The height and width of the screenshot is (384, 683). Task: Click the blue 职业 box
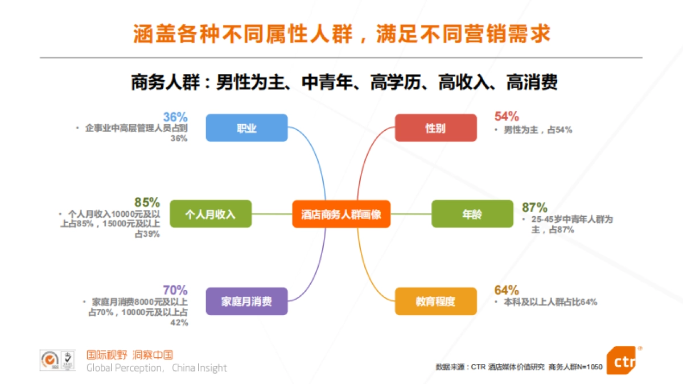tap(246, 128)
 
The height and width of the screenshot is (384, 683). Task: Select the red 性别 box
tap(435, 128)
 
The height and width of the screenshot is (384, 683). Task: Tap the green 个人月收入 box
tap(210, 214)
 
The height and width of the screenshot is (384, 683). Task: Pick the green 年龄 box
tap(472, 214)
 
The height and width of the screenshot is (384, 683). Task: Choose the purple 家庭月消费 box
tap(246, 301)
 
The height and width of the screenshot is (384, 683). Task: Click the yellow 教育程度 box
tap(435, 301)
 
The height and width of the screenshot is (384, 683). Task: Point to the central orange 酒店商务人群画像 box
tap(341, 214)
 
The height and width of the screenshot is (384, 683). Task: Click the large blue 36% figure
tap(175, 117)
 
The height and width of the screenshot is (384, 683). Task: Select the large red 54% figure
tap(507, 117)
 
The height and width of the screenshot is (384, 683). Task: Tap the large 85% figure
tap(147, 202)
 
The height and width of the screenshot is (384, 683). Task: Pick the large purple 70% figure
tap(175, 290)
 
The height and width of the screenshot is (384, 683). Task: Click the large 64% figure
tap(507, 290)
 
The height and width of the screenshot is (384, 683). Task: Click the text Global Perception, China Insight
tap(157, 368)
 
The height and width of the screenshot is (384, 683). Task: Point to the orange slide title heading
tap(341, 34)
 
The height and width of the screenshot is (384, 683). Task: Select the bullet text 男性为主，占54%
tap(537, 130)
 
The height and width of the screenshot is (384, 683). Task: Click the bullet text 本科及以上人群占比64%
tap(550, 303)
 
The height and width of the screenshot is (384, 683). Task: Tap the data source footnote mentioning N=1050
tap(519, 367)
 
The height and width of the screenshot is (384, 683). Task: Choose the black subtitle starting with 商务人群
tap(344, 83)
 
